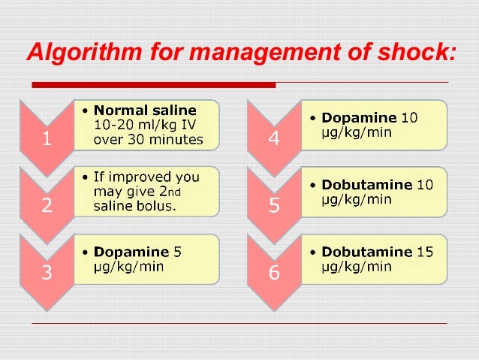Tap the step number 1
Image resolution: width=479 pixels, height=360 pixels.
point(47,138)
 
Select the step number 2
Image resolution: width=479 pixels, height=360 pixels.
point(47,206)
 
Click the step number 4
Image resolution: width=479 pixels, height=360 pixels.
point(273,138)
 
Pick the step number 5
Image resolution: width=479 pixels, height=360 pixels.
point(273,206)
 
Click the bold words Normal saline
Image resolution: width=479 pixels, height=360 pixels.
point(144,111)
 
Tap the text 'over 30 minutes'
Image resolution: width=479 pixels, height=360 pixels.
point(148,139)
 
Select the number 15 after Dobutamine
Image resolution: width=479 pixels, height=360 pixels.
point(425,253)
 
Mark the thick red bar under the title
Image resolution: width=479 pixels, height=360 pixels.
point(154,83)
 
